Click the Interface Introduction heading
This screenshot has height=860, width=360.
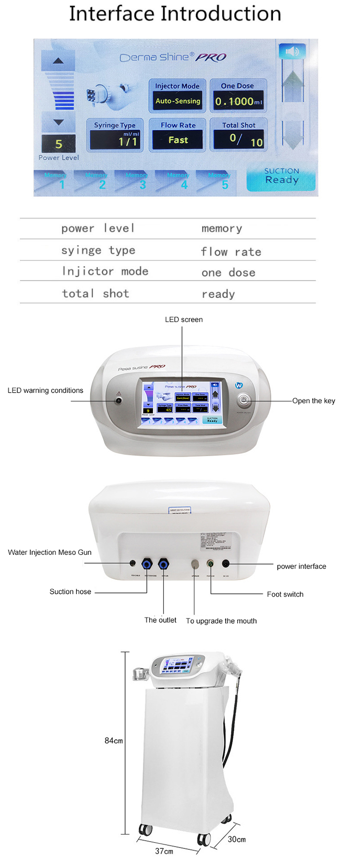click(x=175, y=13)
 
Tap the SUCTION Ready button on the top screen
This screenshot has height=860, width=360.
click(x=282, y=176)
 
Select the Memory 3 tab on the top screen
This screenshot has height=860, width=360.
click(x=136, y=181)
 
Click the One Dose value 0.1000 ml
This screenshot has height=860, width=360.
click(x=238, y=102)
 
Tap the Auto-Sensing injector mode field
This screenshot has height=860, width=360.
click(x=178, y=101)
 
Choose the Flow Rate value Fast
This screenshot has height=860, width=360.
click(x=178, y=140)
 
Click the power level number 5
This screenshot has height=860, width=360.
click(x=59, y=144)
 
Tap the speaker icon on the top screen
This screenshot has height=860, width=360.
click(x=292, y=51)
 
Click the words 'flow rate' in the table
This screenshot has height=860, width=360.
click(x=231, y=252)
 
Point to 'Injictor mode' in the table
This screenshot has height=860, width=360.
click(x=105, y=271)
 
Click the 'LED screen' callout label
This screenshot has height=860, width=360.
click(x=184, y=320)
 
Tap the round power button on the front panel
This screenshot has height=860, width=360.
click(x=244, y=400)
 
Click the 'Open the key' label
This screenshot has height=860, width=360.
click(x=313, y=401)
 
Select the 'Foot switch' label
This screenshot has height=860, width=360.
click(x=285, y=594)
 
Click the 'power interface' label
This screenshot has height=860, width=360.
click(x=301, y=566)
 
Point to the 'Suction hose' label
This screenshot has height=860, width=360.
click(x=70, y=592)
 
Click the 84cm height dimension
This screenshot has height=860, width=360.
click(x=114, y=741)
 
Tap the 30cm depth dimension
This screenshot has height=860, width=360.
click(x=236, y=839)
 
